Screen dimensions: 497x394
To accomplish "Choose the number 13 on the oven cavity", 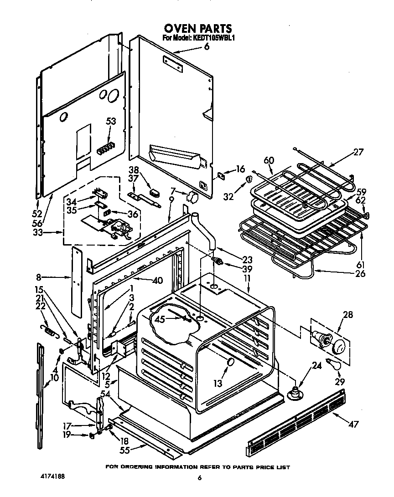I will point(218,384).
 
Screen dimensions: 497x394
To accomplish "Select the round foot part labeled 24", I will point(295,392).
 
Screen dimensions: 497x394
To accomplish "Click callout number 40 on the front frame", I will point(157,281).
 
